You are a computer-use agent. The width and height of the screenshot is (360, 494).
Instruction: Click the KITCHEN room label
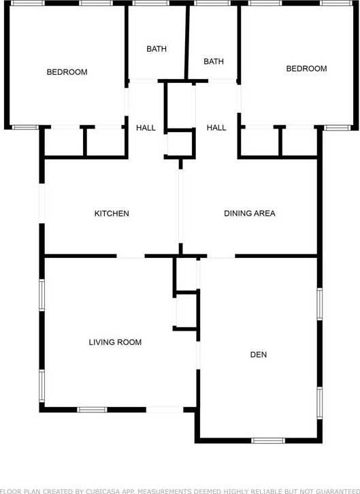click(112, 214)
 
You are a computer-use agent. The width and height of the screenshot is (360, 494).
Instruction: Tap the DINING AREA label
click(250, 213)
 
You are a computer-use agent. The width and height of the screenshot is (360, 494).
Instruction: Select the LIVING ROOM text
click(115, 342)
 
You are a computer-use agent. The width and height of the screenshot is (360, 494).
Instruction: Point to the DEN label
click(259, 355)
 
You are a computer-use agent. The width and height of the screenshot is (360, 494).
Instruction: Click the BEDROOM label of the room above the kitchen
click(67, 72)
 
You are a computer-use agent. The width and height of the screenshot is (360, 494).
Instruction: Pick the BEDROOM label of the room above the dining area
click(306, 68)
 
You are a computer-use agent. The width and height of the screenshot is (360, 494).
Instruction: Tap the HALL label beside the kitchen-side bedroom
click(146, 128)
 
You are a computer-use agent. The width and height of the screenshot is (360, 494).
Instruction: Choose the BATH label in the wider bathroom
click(157, 49)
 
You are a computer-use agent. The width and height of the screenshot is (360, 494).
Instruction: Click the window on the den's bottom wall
click(268, 440)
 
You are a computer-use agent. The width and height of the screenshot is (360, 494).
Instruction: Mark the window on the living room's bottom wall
click(92, 410)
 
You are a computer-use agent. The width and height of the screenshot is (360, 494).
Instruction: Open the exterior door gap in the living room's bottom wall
click(165, 410)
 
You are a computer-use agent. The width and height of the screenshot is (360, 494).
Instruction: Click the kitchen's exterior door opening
click(42, 203)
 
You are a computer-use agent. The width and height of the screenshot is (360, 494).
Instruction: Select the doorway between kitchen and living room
click(131, 256)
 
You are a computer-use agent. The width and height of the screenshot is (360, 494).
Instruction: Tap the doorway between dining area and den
click(220, 256)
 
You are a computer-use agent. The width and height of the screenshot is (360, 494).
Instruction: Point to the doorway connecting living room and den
click(198, 355)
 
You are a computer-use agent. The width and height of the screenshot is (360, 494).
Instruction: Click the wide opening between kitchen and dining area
click(180, 206)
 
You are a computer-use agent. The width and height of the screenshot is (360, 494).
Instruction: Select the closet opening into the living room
click(175, 312)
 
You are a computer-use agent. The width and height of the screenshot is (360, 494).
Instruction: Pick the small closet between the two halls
click(180, 143)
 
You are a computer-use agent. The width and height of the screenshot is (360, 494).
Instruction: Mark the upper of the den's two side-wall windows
click(320, 304)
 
